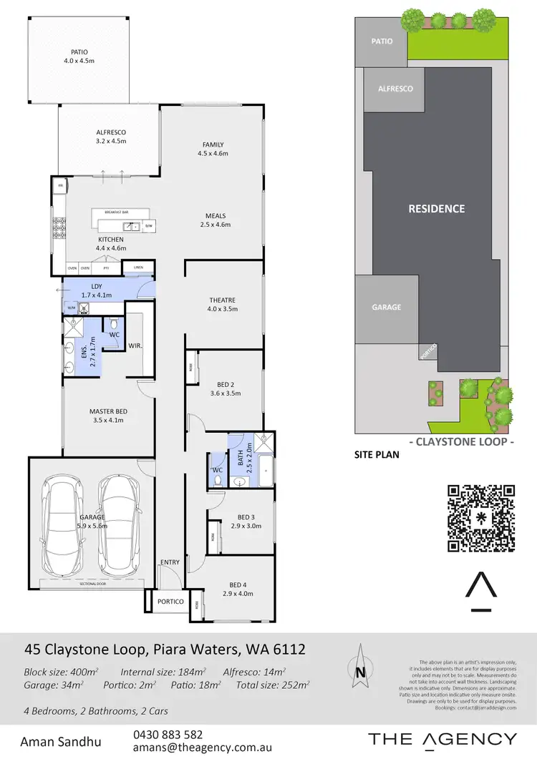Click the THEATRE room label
coord(222,300)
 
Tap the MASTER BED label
coord(108,411)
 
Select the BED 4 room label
coord(238,584)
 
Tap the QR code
coord(481,519)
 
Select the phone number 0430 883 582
coord(168,735)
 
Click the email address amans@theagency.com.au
coord(202,748)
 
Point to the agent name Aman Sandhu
coord(61,741)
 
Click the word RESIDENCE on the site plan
coord(436,209)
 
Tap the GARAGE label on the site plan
coord(386,307)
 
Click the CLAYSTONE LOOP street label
coord(461,442)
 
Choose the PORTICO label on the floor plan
coord(170,602)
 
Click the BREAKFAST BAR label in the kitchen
coord(116,212)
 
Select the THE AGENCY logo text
coord(442,740)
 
